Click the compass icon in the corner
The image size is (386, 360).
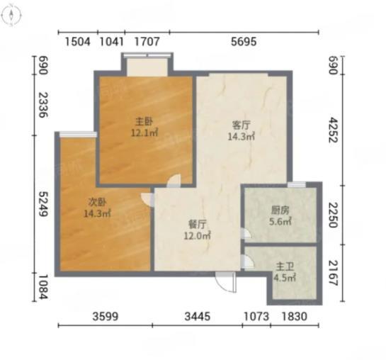pyautogui.click(x=11, y=16)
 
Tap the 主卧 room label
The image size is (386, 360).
pyautogui.click(x=144, y=122)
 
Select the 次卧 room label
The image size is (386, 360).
pyautogui.click(x=98, y=202)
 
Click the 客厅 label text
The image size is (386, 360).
pyautogui.click(x=242, y=125)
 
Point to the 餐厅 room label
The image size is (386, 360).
pyautogui.click(x=198, y=225)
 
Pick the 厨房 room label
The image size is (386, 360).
pyautogui.click(x=280, y=210)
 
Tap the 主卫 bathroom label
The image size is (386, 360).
pyautogui.click(x=285, y=266)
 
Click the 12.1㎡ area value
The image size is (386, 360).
pyautogui.click(x=144, y=133)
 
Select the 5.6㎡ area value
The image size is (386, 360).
pyautogui.click(x=280, y=222)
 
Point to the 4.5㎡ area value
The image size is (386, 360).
pyautogui.click(x=285, y=278)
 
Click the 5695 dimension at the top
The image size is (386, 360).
pyautogui.click(x=244, y=41)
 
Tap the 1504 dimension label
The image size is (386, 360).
pyautogui.click(x=77, y=41)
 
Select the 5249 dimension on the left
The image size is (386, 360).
pyautogui.click(x=43, y=204)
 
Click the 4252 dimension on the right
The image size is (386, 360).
pyautogui.click(x=334, y=130)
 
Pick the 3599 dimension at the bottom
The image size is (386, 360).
pyautogui.click(x=106, y=316)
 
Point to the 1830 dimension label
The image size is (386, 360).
pyautogui.click(x=295, y=316)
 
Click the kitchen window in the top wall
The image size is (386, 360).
pyautogui.click(x=297, y=184)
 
